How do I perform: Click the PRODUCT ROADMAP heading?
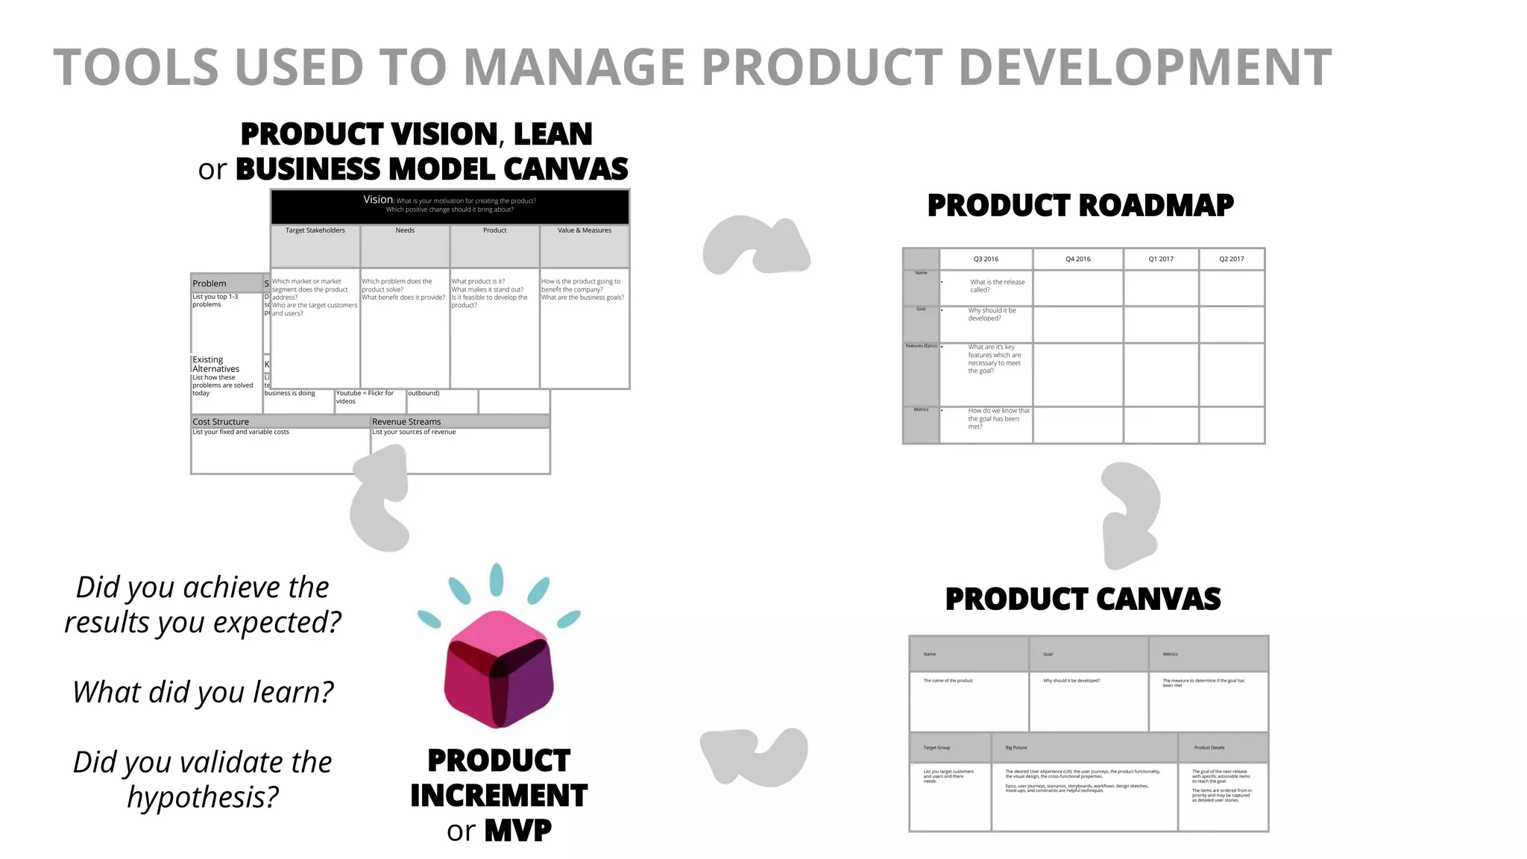click(x=1080, y=205)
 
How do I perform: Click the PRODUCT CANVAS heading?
click(x=1083, y=599)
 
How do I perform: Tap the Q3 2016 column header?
click(x=986, y=259)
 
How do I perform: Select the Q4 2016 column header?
click(x=1077, y=259)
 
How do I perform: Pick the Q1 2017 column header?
click(x=1161, y=259)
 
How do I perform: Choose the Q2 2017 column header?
click(x=1232, y=259)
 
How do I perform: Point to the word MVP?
click(x=518, y=830)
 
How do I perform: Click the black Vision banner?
click(x=450, y=206)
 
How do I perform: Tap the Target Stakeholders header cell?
click(x=315, y=230)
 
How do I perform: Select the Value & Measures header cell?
click(x=585, y=230)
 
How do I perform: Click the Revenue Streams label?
click(x=406, y=421)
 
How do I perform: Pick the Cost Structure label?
click(x=221, y=421)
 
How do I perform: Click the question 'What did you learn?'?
click(x=203, y=692)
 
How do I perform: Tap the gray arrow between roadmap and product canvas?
click(x=1131, y=515)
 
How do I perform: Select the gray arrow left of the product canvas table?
click(x=753, y=755)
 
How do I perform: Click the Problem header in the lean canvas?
click(x=210, y=283)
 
